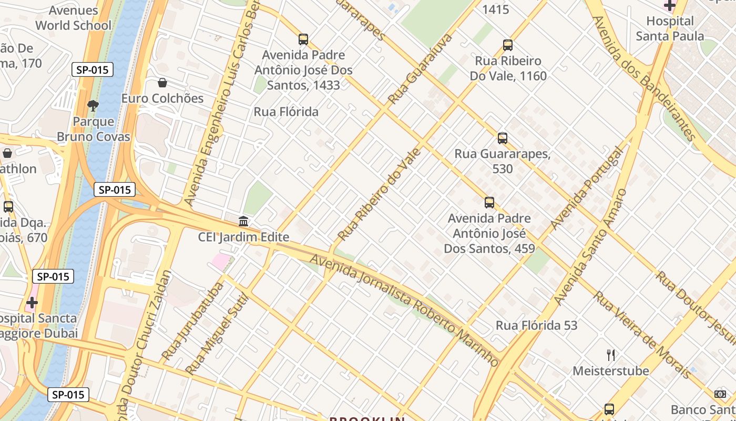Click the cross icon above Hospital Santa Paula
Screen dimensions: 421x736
(669, 6)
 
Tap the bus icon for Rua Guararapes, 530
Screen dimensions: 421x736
(503, 138)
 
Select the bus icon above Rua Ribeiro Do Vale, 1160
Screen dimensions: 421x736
(507, 45)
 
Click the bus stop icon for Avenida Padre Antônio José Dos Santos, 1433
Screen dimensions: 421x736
(303, 39)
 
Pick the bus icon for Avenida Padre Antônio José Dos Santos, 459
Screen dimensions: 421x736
(489, 203)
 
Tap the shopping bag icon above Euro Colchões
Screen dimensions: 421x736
(162, 83)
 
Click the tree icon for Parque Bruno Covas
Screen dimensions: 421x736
(93, 106)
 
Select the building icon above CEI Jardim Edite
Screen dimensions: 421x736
(243, 222)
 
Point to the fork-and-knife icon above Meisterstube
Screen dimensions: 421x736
(610, 355)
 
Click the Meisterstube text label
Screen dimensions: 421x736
(610, 371)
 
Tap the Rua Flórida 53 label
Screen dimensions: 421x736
(536, 326)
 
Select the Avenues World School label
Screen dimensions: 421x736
(73, 18)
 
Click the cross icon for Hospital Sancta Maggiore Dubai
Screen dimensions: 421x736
(32, 303)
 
